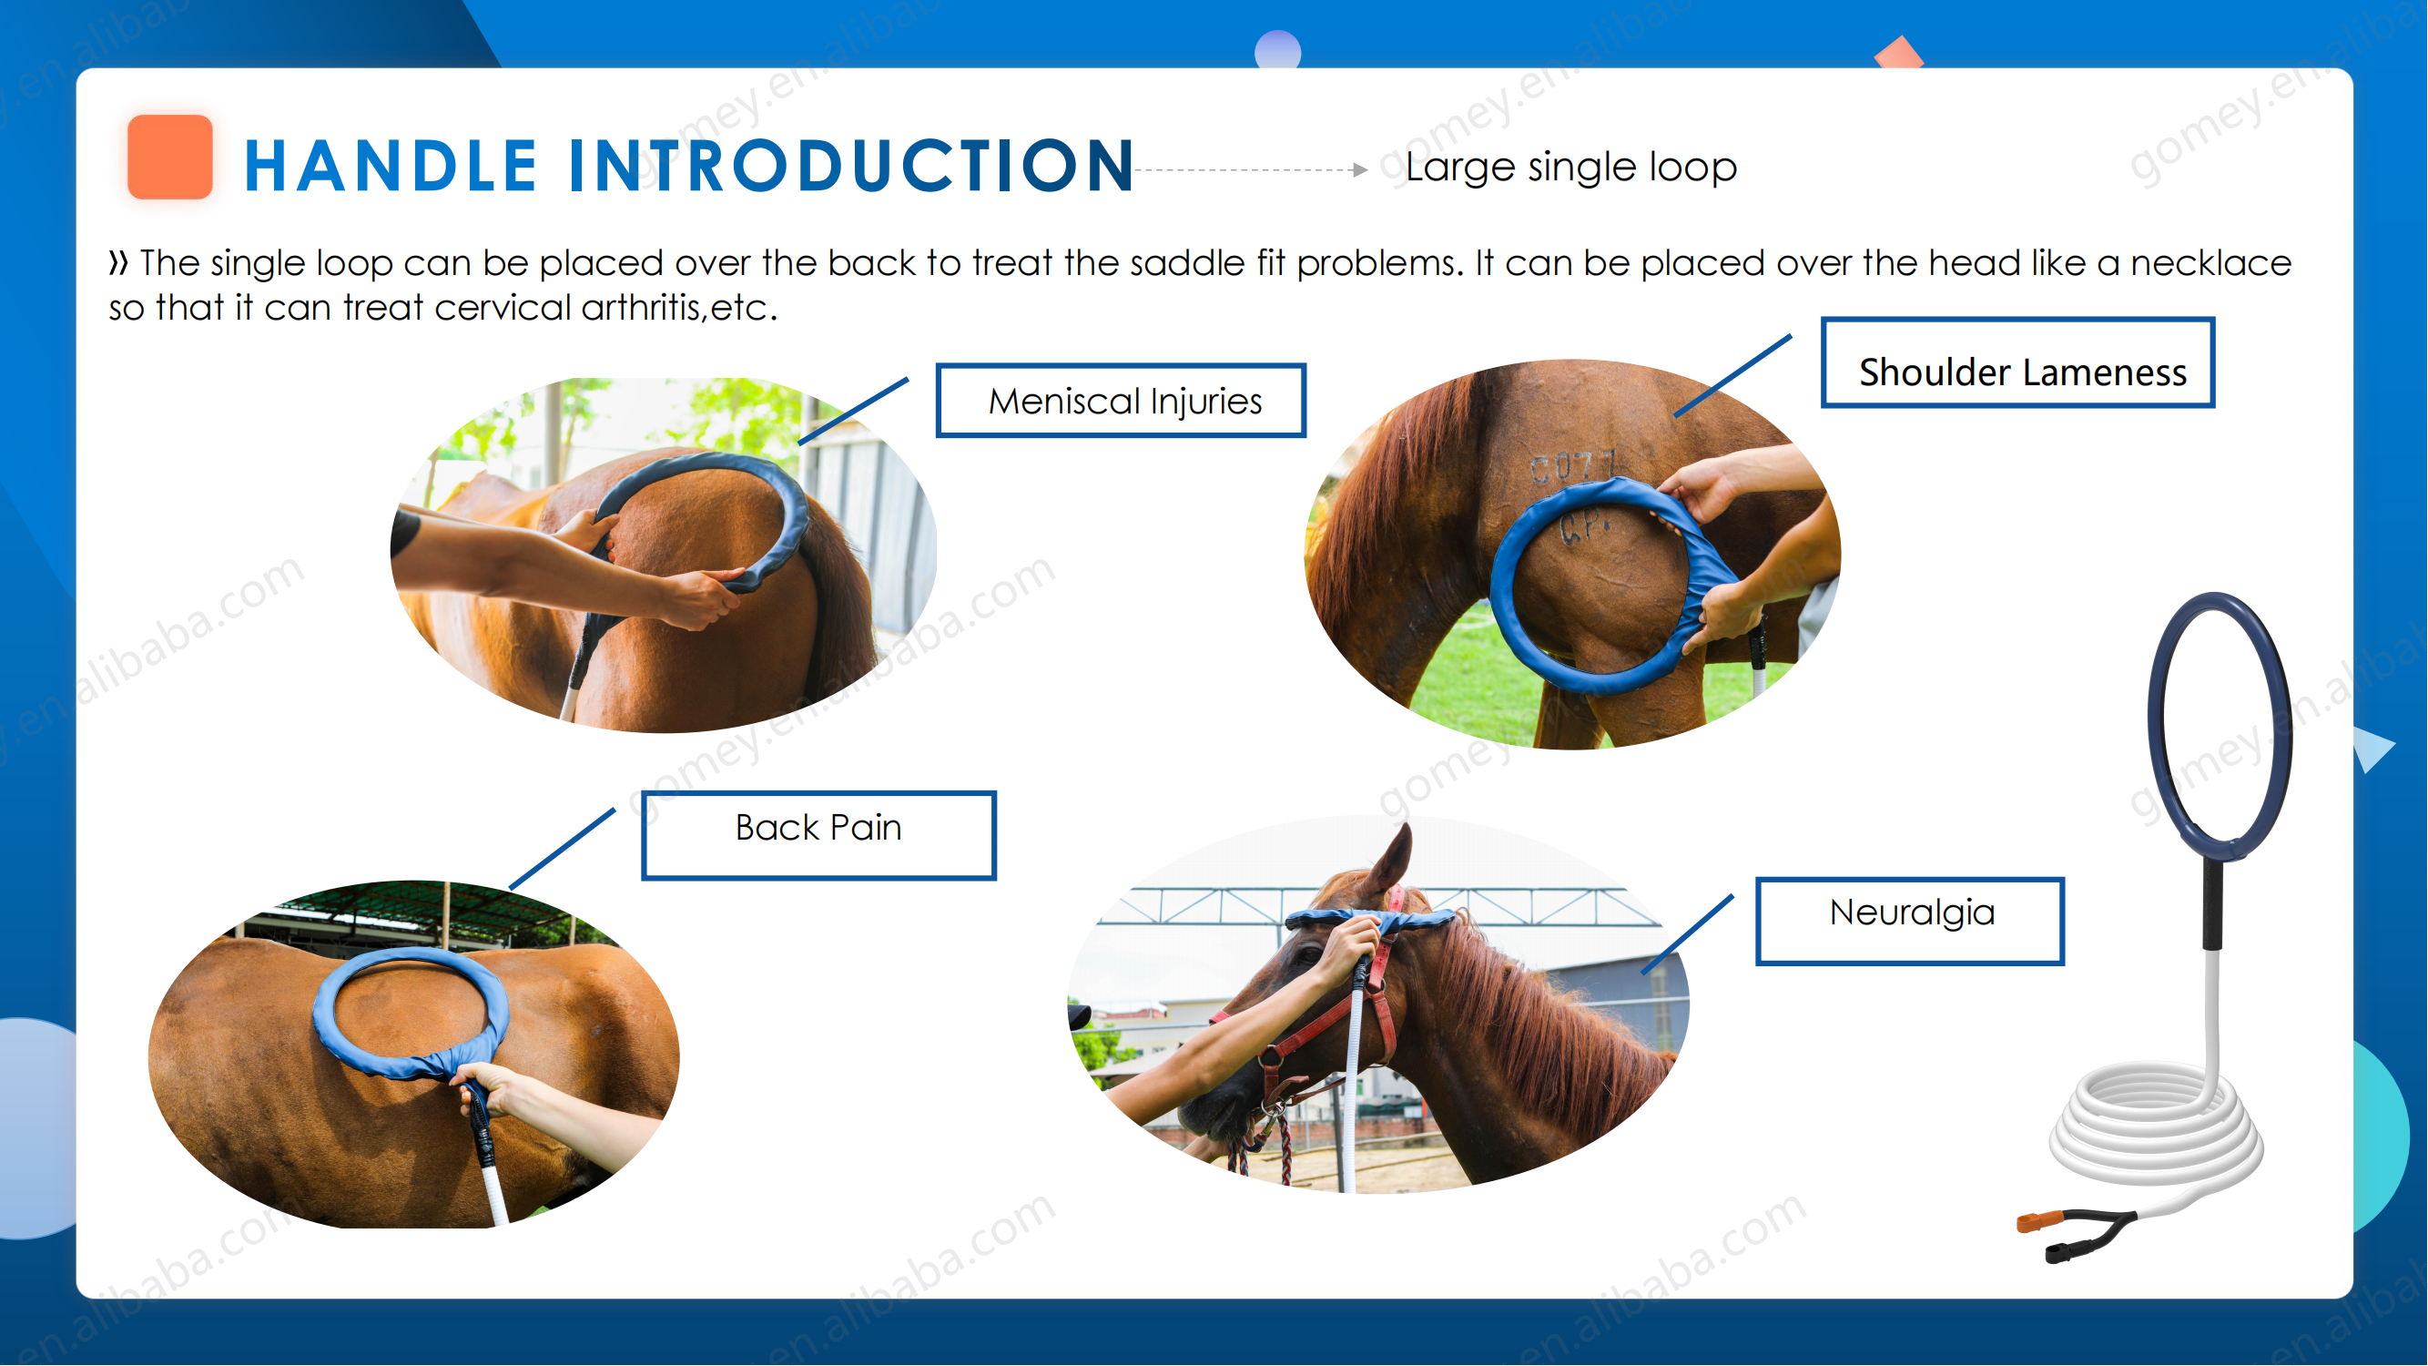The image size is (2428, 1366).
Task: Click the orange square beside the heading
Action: coord(169,157)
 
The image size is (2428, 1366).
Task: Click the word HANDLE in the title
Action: coord(391,166)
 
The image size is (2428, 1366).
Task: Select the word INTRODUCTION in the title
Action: coord(851,166)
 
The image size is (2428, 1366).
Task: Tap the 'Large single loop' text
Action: coord(1570,168)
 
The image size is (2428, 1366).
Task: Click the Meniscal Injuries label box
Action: coord(1121,401)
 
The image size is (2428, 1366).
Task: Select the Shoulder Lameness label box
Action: coord(2018,363)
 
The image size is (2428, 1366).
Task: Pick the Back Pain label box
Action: coord(818,835)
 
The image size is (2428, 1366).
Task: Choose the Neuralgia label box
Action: coord(1910,921)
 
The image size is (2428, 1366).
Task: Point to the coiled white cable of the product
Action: coord(2156,1126)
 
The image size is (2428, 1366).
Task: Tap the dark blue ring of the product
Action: coord(2159,727)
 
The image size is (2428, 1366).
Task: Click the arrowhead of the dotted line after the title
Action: coord(1359,169)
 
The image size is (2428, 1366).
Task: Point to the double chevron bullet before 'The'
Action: coord(117,263)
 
